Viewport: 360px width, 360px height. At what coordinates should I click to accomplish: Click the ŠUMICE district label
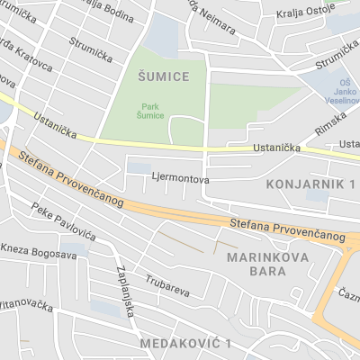[x=164, y=76]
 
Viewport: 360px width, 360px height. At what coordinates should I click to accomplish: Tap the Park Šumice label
[x=150, y=110]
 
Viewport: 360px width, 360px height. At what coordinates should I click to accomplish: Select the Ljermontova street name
[x=181, y=179]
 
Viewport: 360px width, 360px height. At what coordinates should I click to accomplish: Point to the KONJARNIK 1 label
[x=311, y=184]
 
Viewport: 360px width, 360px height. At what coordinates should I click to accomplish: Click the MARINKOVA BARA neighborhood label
[x=268, y=264]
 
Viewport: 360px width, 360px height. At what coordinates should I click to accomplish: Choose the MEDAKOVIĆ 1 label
[x=186, y=344]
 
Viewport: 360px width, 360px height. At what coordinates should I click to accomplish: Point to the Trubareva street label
[x=167, y=291]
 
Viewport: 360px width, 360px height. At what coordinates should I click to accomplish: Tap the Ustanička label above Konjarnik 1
[x=276, y=146]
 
